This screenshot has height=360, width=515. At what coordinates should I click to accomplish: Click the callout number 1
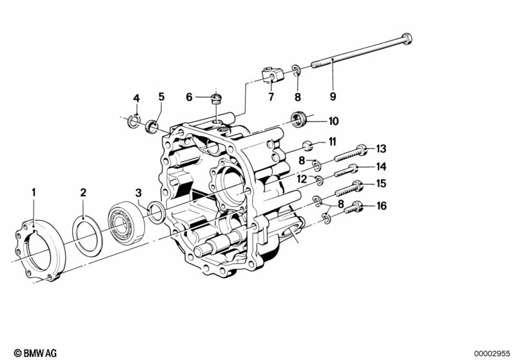pos(35,192)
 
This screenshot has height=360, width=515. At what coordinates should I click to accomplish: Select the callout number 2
pos(83,192)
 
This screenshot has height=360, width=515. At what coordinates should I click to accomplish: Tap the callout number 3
pos(138,192)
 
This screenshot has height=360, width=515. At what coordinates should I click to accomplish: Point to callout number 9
pos(333,97)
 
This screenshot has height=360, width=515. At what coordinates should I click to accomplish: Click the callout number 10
pos(333,120)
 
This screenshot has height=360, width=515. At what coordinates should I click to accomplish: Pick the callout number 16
pos(382,207)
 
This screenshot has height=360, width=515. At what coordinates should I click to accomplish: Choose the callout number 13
pos(381,149)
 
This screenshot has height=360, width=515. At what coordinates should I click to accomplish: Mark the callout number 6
pos(189,97)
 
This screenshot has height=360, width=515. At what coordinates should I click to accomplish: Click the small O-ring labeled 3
pos(156,211)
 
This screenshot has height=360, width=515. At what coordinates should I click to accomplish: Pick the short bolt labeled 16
pos(353,208)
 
